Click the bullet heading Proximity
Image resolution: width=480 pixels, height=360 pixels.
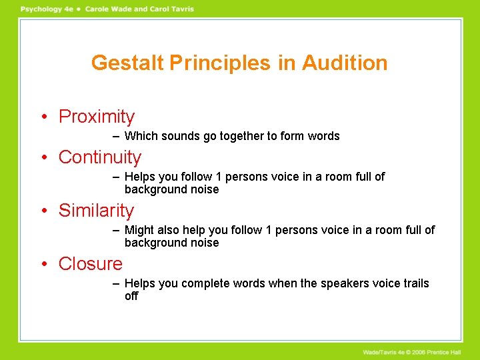[97, 117]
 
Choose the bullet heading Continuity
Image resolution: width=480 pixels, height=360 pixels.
[100, 157]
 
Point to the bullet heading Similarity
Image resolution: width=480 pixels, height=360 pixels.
[96, 211]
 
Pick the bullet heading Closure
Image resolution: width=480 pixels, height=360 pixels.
[91, 264]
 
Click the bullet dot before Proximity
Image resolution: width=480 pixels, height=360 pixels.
[43, 117]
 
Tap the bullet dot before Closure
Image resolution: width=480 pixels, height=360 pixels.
[43, 265]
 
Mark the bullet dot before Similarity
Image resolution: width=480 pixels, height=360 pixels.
[43, 211]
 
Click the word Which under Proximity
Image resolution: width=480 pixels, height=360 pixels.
[141, 136]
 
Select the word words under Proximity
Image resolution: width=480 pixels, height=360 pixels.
[323, 136]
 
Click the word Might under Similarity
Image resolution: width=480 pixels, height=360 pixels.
[139, 230]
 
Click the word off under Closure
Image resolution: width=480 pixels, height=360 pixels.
[131, 296]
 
